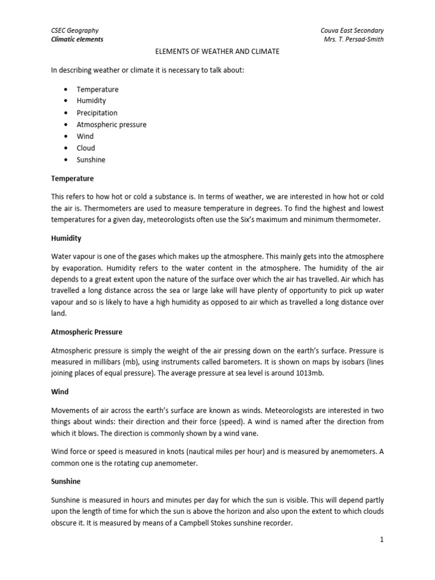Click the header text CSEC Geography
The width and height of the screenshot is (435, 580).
click(x=75, y=30)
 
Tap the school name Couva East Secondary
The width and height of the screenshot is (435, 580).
click(x=352, y=30)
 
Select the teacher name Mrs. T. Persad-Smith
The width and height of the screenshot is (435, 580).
click(x=352, y=40)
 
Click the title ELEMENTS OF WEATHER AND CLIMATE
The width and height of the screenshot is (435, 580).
click(x=217, y=52)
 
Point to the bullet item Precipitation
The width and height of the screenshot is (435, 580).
click(x=97, y=113)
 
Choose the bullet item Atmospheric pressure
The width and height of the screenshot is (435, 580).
click(x=111, y=125)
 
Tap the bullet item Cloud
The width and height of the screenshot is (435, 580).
click(x=86, y=148)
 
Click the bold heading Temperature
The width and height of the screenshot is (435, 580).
click(x=72, y=178)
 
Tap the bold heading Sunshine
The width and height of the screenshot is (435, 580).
click(x=66, y=481)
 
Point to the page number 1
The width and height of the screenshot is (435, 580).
click(x=382, y=540)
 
